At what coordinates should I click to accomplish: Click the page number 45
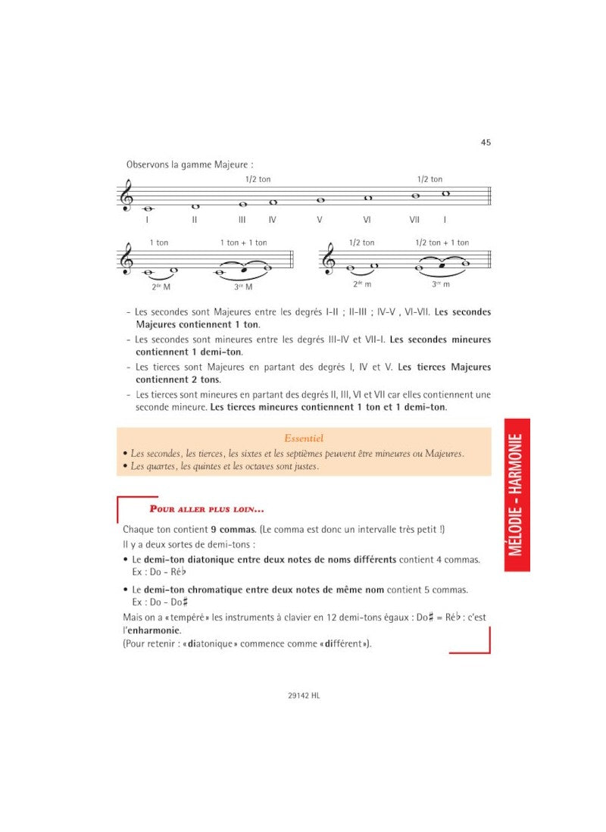[x=485, y=142]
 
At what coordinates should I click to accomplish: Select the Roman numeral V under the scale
[x=320, y=220]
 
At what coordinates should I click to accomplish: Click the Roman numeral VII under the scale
[x=414, y=220]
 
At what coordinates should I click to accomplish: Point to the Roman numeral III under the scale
[x=242, y=220]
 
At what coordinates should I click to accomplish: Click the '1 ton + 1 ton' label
[x=243, y=242]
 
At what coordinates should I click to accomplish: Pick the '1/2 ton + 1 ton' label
[x=442, y=242]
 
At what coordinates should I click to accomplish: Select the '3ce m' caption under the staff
[x=441, y=284]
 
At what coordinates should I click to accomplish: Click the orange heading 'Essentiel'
[x=303, y=438]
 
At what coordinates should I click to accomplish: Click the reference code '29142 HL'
[x=303, y=693]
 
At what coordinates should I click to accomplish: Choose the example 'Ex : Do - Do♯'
[x=159, y=602]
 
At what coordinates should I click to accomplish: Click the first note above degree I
[x=147, y=208]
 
